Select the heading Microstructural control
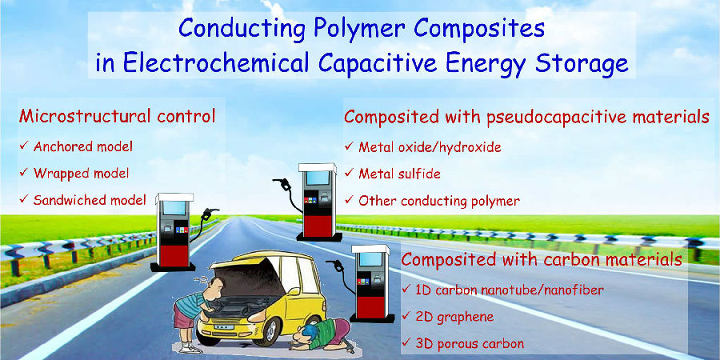pos(117,116)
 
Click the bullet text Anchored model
pos(83,146)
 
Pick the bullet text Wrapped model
pos(82,173)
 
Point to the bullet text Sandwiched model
pos(90,200)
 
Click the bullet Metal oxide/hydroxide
pos(430,147)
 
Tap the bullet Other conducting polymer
pos(439,201)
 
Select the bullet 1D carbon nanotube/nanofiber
pos(510,290)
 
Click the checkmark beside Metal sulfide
pos(349,173)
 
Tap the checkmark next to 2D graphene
pos(406,316)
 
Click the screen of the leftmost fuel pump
pos(174,207)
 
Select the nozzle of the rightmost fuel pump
pos(334,265)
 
